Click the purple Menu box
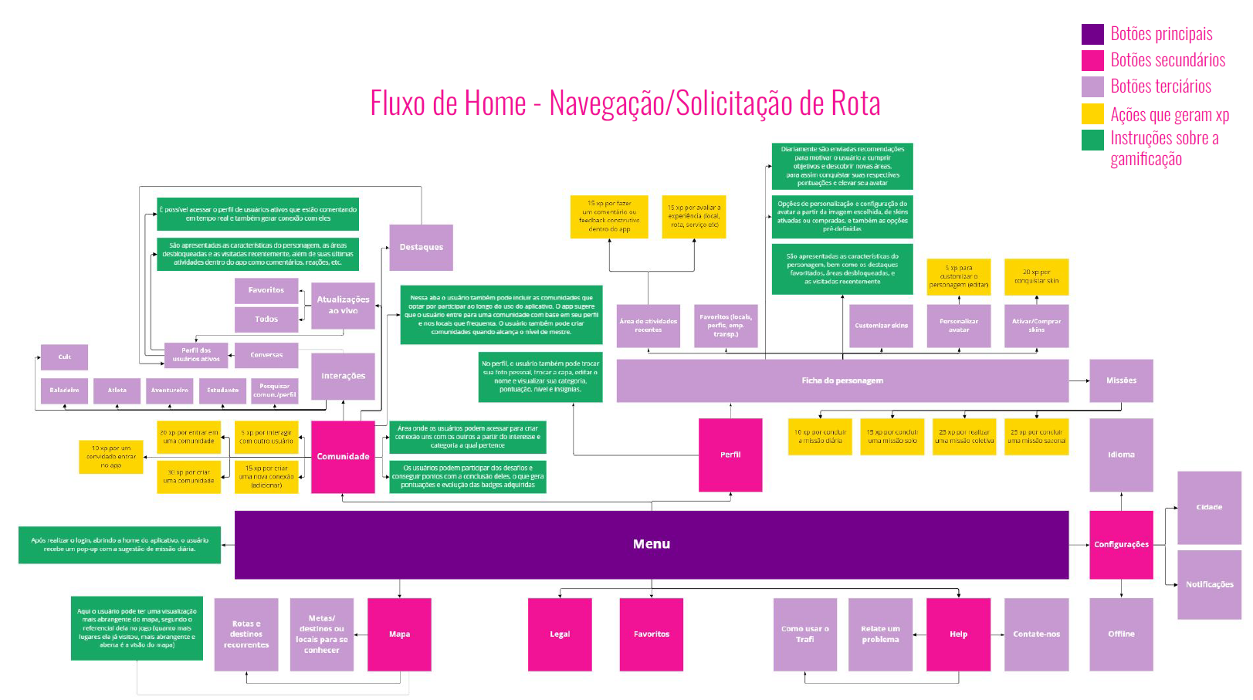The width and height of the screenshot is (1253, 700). click(x=651, y=544)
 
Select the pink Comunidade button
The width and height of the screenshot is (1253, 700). click(x=343, y=456)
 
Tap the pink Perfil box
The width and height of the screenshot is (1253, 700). click(x=730, y=455)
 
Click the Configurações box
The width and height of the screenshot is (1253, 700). click(x=1120, y=544)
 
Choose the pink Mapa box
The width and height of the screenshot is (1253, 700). click(x=399, y=634)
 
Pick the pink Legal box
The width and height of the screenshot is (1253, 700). click(x=560, y=634)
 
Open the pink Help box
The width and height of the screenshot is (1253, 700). click(x=958, y=634)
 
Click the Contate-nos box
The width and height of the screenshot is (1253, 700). click(x=1036, y=634)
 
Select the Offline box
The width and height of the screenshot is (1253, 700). click(x=1121, y=634)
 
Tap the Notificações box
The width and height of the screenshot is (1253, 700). click(x=1209, y=584)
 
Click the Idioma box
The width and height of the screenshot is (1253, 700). click(x=1121, y=455)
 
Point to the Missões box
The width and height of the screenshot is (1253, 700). click(x=1121, y=380)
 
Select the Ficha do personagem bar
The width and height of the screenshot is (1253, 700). click(x=842, y=380)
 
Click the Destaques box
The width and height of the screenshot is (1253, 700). click(x=421, y=247)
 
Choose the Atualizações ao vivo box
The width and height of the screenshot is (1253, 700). click(x=343, y=305)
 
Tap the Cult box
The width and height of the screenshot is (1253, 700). click(x=64, y=357)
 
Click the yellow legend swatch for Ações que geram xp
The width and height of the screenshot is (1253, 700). click(x=1092, y=114)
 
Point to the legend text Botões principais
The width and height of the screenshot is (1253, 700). click(x=1161, y=34)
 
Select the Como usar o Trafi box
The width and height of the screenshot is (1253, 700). click(x=804, y=634)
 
